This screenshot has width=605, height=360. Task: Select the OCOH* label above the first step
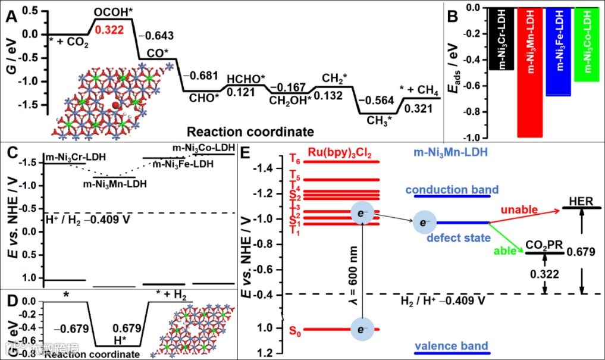(113, 11)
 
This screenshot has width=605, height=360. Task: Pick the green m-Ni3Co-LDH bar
(588, 45)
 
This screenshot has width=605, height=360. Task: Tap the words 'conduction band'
(452, 190)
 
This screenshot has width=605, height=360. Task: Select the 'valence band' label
(452, 346)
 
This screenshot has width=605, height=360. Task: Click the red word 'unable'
(519, 210)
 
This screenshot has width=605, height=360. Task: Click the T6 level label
(295, 160)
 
